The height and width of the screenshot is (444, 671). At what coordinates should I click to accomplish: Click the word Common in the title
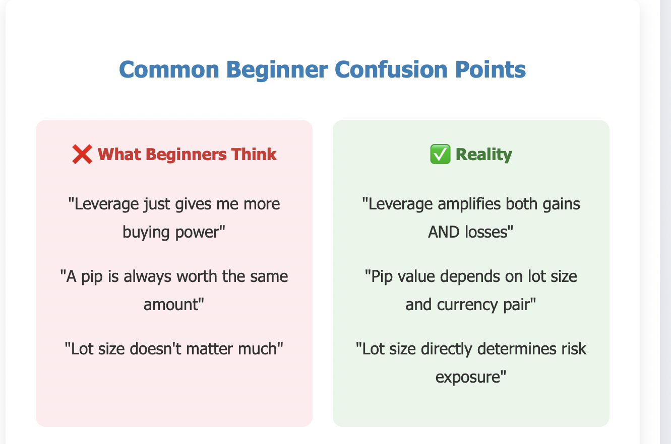tap(169, 69)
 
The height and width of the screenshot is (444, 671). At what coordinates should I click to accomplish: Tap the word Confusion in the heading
tap(391, 69)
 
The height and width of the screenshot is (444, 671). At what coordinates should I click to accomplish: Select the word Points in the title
tap(491, 69)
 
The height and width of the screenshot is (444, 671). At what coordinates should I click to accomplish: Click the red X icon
tap(82, 155)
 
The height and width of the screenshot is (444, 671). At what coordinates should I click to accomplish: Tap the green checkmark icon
tap(440, 154)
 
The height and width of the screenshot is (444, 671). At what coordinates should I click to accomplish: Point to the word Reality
tap(484, 155)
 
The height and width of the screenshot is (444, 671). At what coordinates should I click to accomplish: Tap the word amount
tap(171, 305)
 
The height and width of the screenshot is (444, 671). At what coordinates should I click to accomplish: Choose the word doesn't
tap(155, 349)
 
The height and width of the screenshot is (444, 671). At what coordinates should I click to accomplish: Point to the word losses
tap(486, 232)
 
